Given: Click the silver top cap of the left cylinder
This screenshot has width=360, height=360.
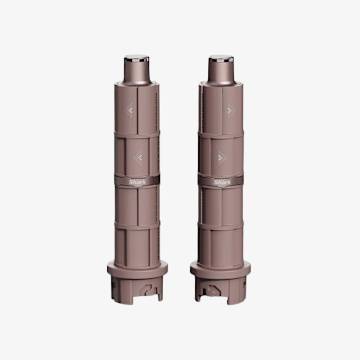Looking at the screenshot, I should coord(138,66).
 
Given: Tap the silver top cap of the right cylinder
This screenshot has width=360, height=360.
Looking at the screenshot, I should coord(221,66).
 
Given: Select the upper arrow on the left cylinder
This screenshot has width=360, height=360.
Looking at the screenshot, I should coord(131,110).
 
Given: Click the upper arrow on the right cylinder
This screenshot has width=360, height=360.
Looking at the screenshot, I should coord(228,110).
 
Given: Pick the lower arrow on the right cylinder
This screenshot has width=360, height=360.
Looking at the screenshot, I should coord(218,156).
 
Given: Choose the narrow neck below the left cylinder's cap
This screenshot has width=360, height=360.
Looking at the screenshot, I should coord(138,83).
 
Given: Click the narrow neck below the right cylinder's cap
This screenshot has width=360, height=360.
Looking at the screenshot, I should coord(221,83).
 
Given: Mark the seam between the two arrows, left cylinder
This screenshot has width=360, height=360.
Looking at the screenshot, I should coord(138,133).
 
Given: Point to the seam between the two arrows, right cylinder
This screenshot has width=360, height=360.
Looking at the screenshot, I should coord(221,133).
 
